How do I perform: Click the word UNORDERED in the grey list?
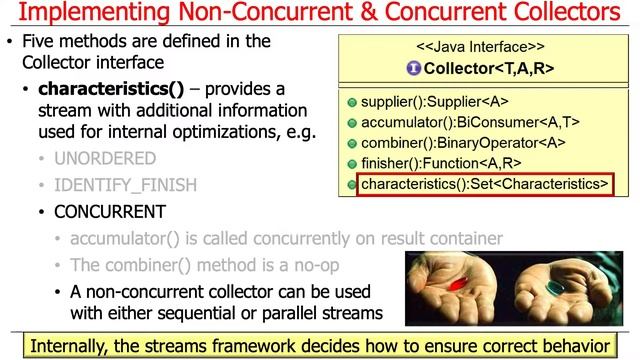pos(105,158)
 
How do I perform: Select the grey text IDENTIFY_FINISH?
pos(125,185)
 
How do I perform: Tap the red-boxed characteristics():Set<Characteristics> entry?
pos(484,184)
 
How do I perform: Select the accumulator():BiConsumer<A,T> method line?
pos(470,123)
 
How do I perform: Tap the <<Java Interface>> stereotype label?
pos(481,47)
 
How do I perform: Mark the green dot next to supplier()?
pos(351,104)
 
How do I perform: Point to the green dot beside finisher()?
pos(351,164)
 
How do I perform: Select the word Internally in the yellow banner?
pos(76,346)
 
